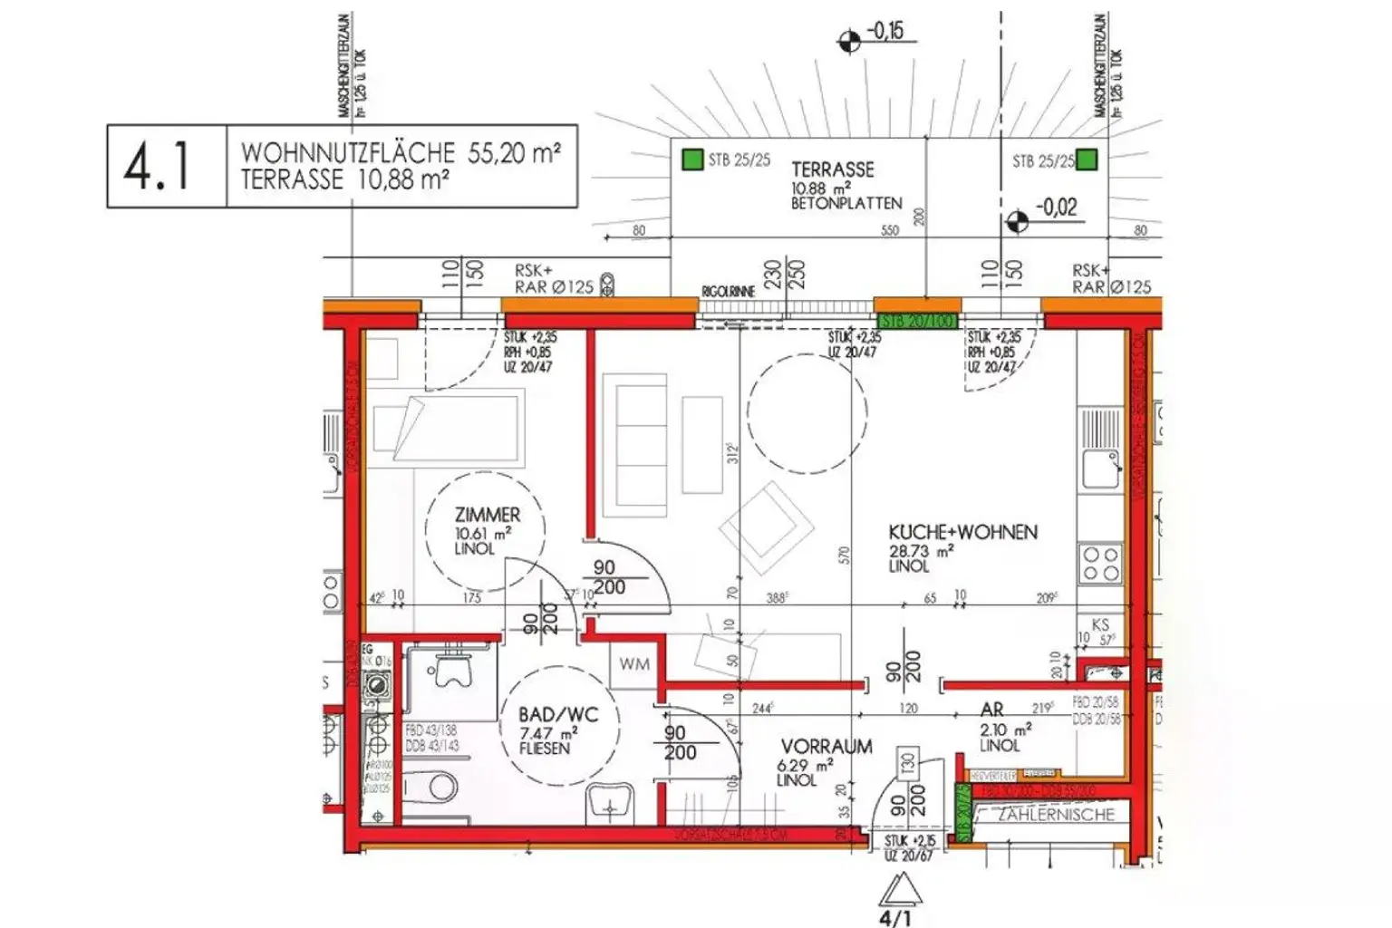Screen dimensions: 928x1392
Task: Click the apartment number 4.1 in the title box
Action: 158,167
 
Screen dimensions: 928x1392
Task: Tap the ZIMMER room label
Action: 488,515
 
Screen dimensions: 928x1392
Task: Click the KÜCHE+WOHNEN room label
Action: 962,533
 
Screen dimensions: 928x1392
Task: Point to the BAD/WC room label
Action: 558,715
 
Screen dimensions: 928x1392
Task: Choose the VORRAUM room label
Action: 826,747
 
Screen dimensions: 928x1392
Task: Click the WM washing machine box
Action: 634,664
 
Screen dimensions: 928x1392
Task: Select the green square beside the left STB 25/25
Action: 692,160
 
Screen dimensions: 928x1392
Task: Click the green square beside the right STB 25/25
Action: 1087,160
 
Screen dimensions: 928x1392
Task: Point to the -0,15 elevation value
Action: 885,31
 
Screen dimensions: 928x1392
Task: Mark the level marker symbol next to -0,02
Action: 1018,220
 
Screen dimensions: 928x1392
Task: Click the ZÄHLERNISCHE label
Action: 1056,815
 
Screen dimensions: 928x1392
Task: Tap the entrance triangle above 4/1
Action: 900,890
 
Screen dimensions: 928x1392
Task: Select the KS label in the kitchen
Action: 1100,624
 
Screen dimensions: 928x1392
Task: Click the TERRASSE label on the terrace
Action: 833,169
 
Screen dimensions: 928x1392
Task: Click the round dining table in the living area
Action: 807,413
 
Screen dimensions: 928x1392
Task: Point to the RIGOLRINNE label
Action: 728,292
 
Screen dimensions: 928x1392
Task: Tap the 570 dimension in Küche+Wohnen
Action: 844,555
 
